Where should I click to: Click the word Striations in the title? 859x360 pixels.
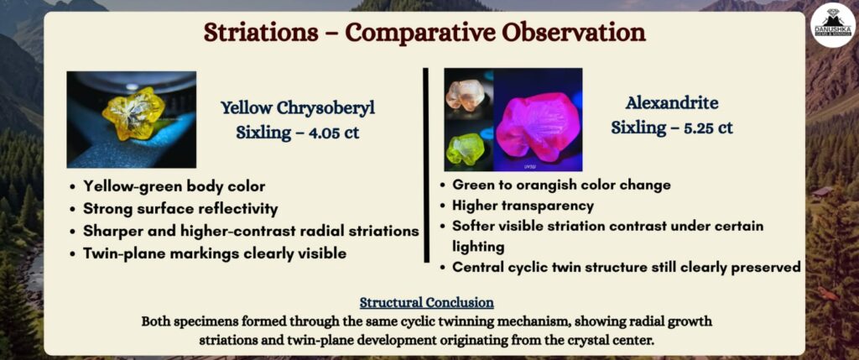tap(261, 33)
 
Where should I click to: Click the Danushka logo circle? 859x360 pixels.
tap(833, 25)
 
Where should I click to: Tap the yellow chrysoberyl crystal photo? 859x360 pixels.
tap(132, 119)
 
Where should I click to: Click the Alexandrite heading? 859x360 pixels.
tap(672, 103)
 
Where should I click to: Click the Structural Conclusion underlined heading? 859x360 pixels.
tap(427, 302)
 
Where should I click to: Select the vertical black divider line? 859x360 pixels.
tap(426, 165)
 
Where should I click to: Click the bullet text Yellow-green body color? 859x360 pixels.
tap(174, 187)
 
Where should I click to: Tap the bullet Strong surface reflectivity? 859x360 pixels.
tap(180, 209)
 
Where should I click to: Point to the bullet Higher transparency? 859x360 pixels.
tap(523, 206)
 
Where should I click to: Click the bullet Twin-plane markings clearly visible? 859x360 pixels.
tap(215, 253)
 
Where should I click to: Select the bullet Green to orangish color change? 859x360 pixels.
tap(561, 185)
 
